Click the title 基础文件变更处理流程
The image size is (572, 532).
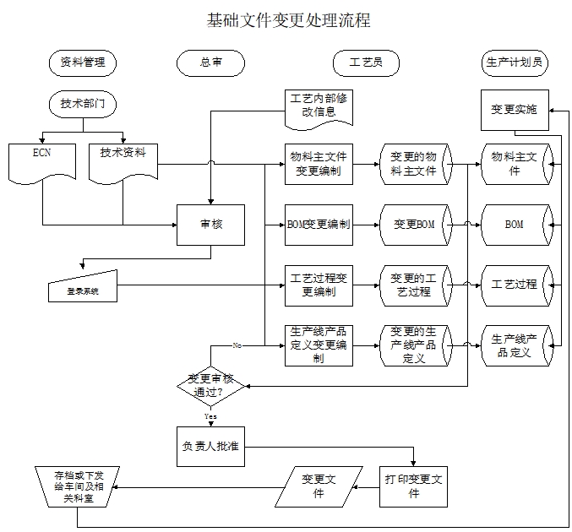288,20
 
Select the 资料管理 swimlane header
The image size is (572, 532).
83,62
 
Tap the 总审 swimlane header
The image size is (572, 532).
211,62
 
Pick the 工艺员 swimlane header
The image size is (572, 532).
365,62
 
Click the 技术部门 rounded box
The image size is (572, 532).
83,105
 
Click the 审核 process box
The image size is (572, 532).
210,225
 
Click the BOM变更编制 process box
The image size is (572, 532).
319,225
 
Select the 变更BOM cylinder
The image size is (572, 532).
415,225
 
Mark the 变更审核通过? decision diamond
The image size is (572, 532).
210,385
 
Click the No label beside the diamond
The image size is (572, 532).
237,345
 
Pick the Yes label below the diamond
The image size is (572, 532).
210,416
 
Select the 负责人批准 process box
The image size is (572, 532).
210,448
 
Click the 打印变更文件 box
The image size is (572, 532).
414,486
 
